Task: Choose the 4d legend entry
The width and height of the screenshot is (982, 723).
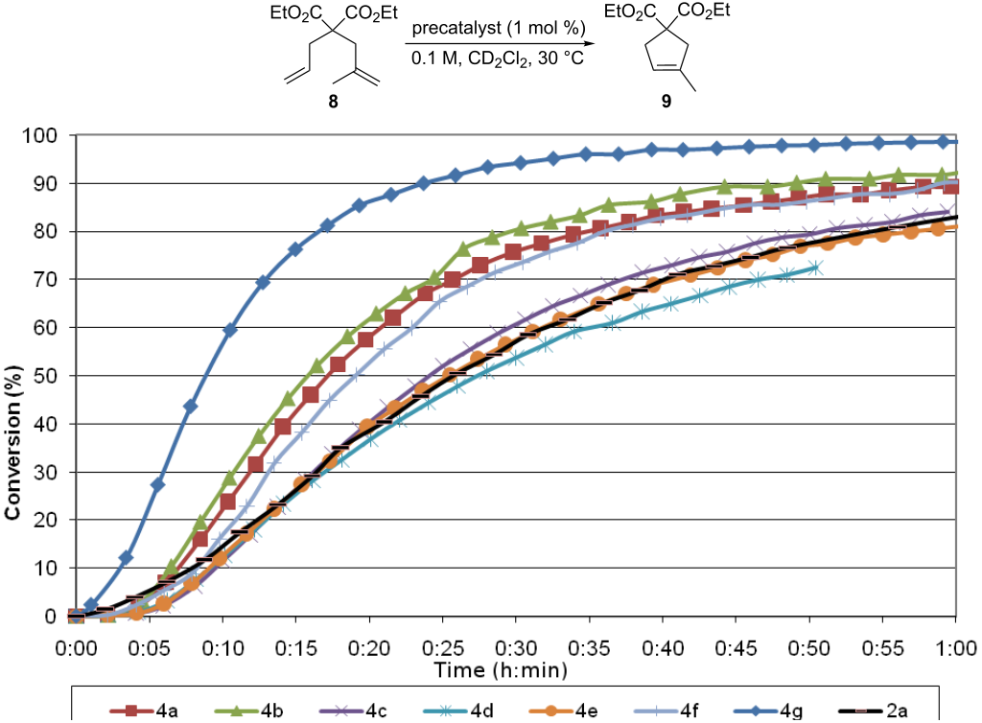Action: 469,711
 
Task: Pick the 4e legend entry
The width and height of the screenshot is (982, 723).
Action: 575,711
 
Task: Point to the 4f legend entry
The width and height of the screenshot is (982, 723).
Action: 682,711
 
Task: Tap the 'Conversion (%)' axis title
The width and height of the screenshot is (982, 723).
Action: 13,442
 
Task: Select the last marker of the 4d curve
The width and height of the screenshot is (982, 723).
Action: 815,268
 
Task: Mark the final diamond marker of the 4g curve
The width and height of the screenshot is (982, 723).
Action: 955,142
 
